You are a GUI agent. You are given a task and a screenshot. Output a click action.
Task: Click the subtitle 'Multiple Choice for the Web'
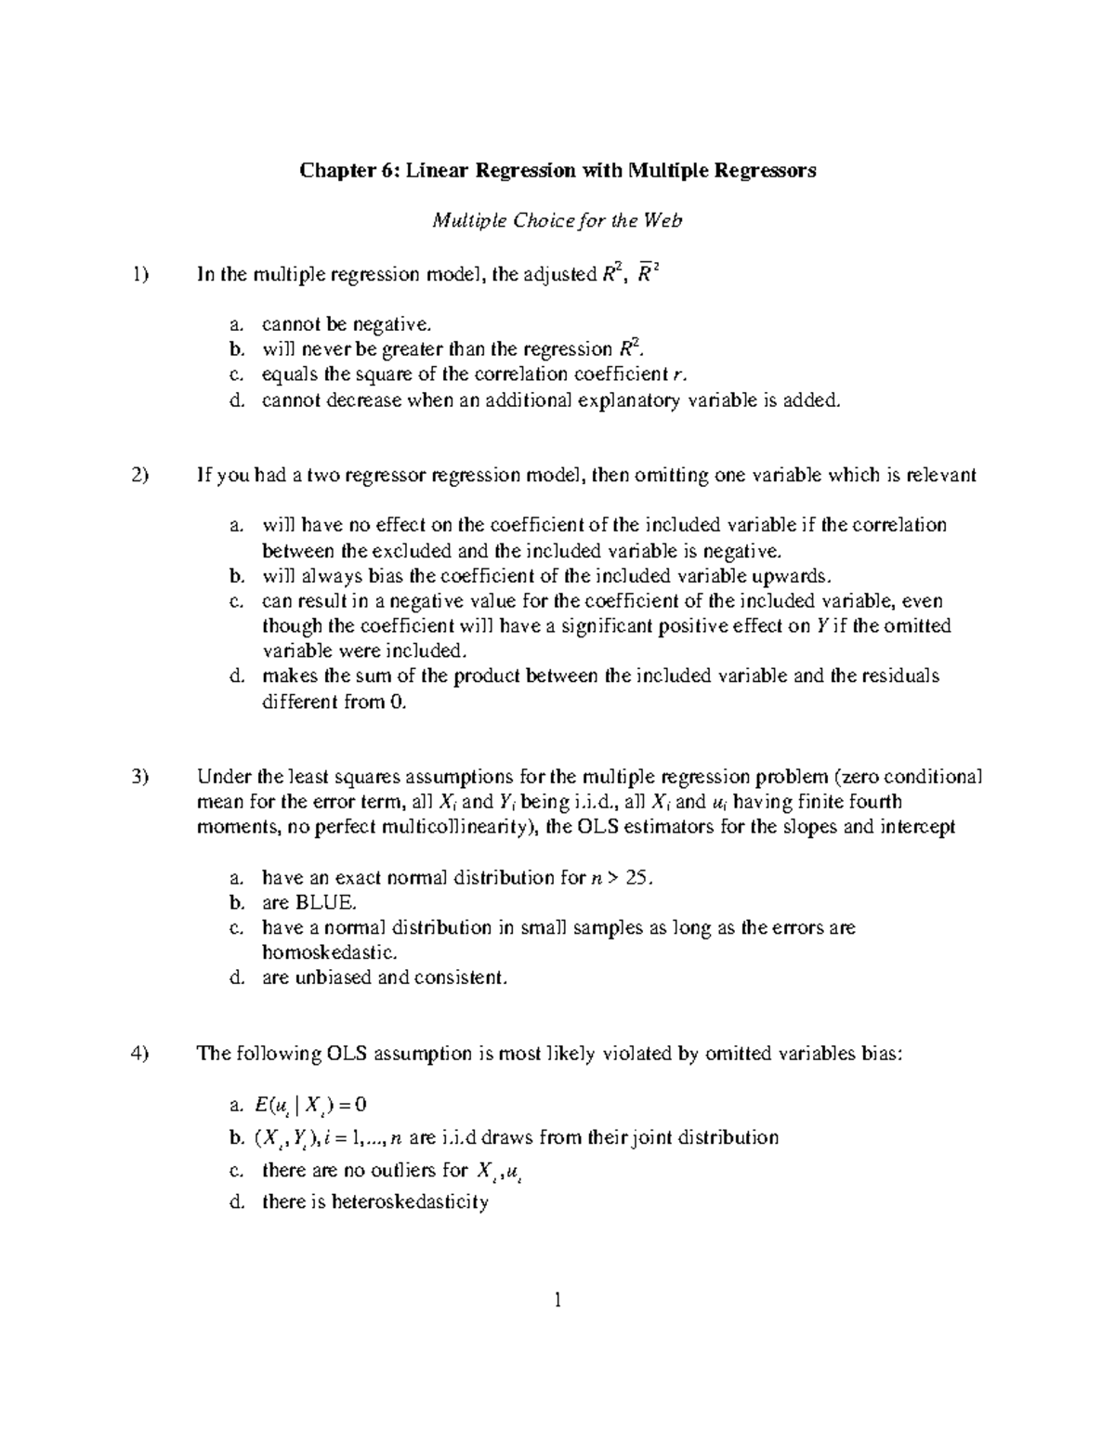pos(557,221)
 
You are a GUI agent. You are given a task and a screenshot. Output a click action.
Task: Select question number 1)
pos(140,274)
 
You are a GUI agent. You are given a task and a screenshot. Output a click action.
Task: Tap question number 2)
pos(140,476)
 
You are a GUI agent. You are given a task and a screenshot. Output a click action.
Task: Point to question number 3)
pos(140,777)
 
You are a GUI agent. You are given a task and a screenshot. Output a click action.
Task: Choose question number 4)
pos(140,1054)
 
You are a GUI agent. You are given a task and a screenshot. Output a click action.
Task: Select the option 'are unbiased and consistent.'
pos(385,977)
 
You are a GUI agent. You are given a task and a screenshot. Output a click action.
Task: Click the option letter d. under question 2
pos(235,676)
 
